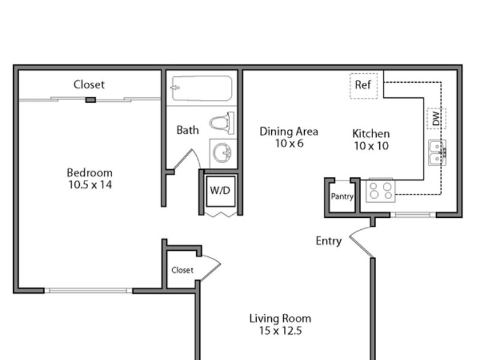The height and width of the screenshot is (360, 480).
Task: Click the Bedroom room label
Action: (89, 173)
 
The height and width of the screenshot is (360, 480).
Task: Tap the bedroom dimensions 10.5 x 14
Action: (90, 185)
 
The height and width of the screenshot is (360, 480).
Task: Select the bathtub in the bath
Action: (202, 88)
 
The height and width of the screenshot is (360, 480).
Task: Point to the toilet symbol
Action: (222, 123)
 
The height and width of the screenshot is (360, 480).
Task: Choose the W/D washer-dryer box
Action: (220, 191)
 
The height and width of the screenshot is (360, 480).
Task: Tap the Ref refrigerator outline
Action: (364, 86)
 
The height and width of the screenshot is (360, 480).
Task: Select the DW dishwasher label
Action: (436, 118)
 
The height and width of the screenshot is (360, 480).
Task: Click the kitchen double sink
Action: (437, 152)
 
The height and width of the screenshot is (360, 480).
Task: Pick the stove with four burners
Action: (380, 190)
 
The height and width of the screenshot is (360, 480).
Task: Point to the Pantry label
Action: (342, 196)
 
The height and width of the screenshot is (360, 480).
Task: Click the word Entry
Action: (329, 241)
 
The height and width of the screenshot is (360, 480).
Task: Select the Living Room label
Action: (280, 319)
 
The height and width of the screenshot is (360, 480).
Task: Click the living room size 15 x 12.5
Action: (280, 331)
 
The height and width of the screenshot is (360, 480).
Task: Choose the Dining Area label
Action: (289, 131)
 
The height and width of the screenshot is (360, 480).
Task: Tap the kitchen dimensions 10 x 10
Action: (371, 146)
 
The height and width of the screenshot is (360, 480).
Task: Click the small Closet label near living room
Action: (182, 270)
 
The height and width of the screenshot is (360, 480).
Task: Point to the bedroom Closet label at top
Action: (89, 85)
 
